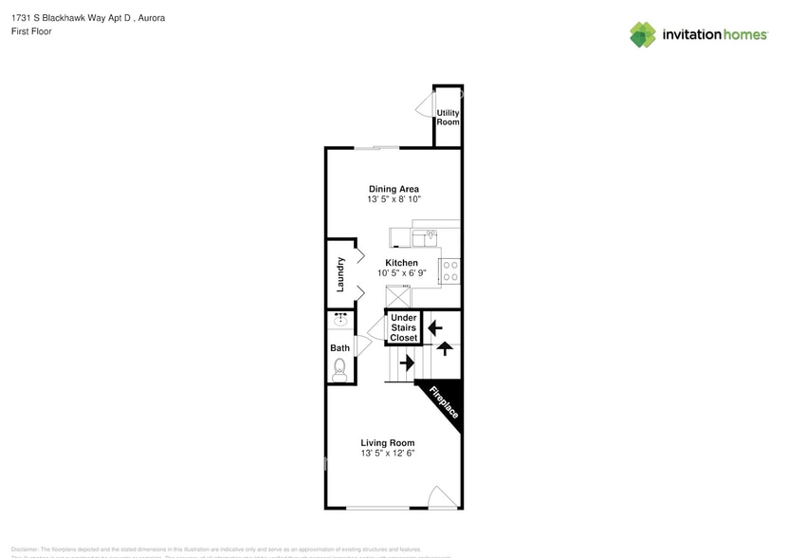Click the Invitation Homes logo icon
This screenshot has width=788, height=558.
643,34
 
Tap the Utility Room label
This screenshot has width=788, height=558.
448,118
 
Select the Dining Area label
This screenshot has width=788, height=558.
394,189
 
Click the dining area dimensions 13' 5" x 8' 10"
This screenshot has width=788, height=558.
394,200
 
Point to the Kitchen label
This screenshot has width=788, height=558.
401,263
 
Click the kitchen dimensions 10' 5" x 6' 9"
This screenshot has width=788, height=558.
401,273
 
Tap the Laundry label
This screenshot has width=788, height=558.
339,273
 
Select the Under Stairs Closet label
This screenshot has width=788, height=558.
404,327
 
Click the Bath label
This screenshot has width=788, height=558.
339,348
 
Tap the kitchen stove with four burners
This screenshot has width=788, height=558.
450,270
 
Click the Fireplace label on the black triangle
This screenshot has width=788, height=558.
444,401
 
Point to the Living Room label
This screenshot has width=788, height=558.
388,442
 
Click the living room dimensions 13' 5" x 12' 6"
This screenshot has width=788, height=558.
388,454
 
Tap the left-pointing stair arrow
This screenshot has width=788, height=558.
435,328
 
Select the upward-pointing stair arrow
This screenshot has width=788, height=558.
445,347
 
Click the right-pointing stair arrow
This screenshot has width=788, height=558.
407,362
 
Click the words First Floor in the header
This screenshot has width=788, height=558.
32,31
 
